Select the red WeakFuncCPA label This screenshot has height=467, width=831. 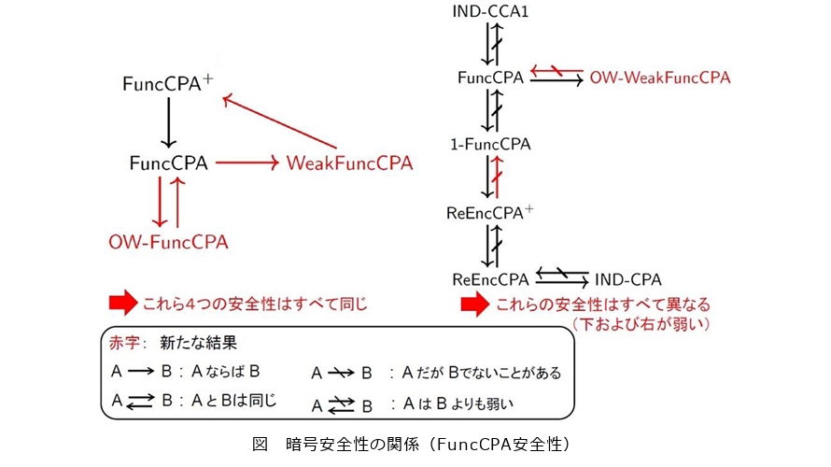(349, 163)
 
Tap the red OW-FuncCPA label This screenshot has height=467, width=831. (168, 242)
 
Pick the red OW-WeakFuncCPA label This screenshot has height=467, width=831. (659, 78)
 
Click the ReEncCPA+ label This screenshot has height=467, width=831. (490, 213)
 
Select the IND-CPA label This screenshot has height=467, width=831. (628, 279)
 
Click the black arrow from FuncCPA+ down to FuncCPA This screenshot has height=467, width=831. (169, 122)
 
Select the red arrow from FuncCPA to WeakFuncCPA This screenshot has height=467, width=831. (247, 163)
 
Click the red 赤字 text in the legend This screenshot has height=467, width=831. (130, 343)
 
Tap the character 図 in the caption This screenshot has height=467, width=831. (261, 445)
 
